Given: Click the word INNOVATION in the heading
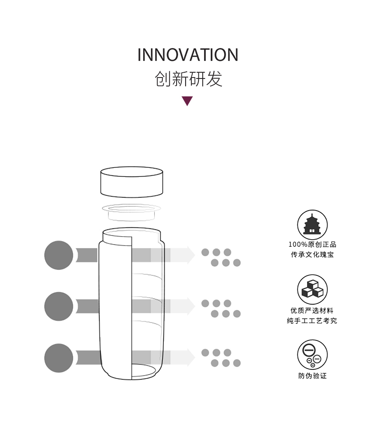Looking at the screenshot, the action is (x=188, y=55).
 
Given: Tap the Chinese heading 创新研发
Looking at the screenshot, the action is (x=188, y=79).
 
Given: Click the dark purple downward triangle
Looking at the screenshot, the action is (x=188, y=101).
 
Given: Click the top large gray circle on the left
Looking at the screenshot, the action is (x=59, y=255).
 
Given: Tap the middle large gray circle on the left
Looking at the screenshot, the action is (x=59, y=306).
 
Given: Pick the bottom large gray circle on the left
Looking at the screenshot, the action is (x=59, y=358).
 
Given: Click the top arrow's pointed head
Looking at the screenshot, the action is (x=190, y=255).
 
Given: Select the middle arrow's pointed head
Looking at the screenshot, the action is (x=190, y=306).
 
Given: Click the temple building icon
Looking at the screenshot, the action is (x=312, y=224).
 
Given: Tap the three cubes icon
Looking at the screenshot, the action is (x=312, y=289).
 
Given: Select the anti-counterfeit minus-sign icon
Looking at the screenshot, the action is (x=312, y=355).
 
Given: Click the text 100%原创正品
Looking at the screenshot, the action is (x=312, y=244).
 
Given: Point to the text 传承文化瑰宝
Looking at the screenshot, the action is (x=312, y=255).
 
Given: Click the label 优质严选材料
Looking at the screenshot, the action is (x=312, y=310).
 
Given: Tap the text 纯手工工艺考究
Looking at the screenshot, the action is (x=312, y=321).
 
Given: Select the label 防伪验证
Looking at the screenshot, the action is (x=312, y=376).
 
